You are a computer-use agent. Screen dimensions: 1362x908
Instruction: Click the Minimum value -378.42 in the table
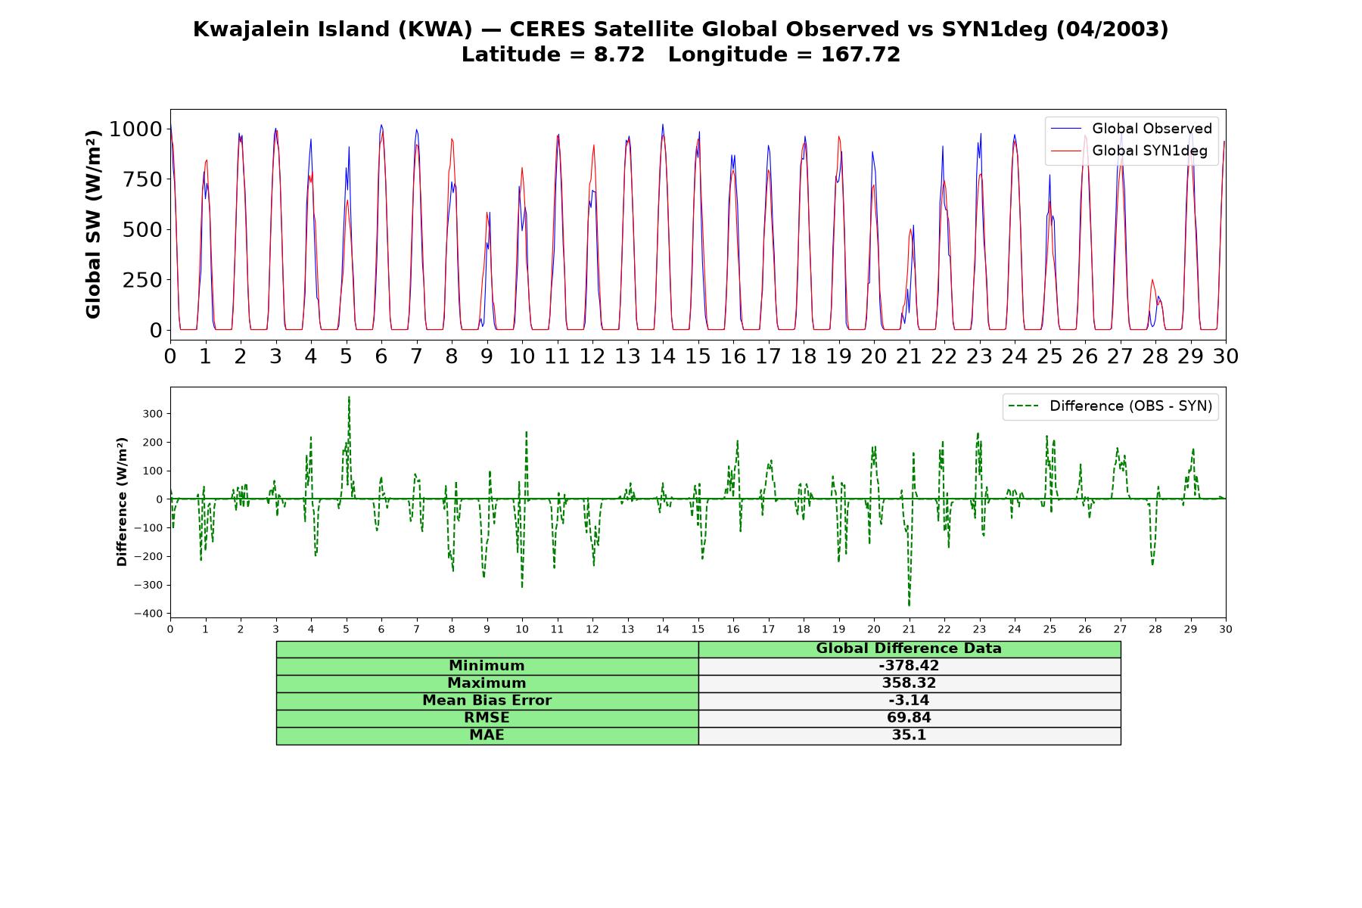click(909, 666)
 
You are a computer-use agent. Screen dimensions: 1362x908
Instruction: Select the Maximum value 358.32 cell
click(909, 683)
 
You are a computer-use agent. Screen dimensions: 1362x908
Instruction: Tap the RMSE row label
click(487, 718)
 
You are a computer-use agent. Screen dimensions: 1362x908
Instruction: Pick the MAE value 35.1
click(909, 735)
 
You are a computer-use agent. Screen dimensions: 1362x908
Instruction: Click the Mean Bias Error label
click(487, 701)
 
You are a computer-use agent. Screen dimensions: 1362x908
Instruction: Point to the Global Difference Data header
click(909, 648)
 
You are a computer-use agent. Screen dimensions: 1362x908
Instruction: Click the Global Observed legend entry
click(1131, 129)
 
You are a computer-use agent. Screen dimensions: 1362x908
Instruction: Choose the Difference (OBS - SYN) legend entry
click(1111, 406)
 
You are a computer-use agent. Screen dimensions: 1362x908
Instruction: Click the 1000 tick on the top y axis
click(135, 129)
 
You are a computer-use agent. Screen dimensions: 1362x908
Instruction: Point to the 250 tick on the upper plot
click(142, 280)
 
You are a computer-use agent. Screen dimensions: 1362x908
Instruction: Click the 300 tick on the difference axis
click(153, 414)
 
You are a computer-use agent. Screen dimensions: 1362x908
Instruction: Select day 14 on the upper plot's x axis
click(663, 356)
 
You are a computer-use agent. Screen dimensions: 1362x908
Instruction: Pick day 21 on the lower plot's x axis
click(909, 629)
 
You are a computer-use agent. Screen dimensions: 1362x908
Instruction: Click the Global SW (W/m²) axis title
click(94, 225)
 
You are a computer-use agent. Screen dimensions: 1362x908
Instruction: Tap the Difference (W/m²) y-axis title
click(123, 502)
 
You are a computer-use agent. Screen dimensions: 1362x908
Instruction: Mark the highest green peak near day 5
click(349, 397)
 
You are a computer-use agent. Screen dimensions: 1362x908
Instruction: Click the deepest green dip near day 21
click(909, 605)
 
